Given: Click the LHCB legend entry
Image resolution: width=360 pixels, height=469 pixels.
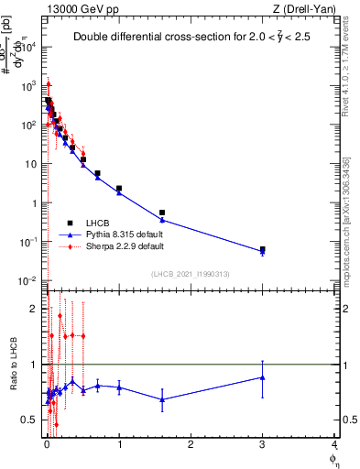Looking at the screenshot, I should (99, 224).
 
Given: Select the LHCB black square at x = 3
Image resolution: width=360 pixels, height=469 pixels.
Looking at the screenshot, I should (262, 249).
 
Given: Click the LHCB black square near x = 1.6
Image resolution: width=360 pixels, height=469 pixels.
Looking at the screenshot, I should (162, 213).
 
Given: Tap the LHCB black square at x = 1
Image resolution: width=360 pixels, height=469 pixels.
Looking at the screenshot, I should (119, 189).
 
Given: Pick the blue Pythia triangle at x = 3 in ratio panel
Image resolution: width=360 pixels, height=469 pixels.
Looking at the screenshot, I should (262, 377).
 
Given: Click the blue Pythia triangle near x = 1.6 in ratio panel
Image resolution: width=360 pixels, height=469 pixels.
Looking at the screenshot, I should (162, 399).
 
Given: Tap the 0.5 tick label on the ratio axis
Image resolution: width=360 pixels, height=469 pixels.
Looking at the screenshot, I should (29, 420).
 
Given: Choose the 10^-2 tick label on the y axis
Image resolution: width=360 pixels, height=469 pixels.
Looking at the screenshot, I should (28, 280).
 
